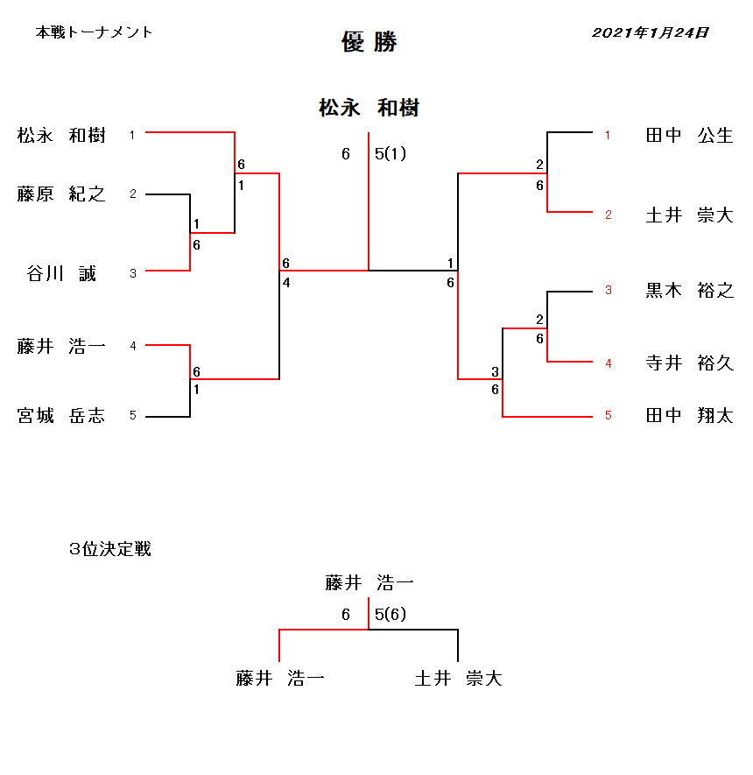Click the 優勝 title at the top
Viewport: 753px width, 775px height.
tap(369, 42)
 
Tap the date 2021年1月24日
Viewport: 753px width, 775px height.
tap(651, 32)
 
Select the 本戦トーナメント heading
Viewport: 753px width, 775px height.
tap(94, 32)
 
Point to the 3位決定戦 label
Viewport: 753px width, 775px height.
tap(109, 548)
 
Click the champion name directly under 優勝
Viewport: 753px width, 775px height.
tap(369, 108)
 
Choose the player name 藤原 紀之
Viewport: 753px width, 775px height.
tap(61, 194)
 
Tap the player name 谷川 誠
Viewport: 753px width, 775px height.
tap(61, 273)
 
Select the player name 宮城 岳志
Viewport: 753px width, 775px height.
tap(61, 416)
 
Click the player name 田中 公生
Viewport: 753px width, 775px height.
tap(690, 135)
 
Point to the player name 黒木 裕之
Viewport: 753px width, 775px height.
tap(690, 290)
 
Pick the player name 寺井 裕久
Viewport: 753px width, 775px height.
tap(690, 363)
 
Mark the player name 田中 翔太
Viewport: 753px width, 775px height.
tap(690, 415)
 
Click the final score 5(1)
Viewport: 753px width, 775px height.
tap(391, 154)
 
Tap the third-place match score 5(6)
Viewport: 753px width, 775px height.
tap(391, 615)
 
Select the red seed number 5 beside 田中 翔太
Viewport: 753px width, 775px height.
tap(609, 416)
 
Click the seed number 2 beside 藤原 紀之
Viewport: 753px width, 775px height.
tap(133, 194)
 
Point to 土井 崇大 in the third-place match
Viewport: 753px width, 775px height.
tap(459, 678)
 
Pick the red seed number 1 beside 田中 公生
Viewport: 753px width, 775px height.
tap(608, 135)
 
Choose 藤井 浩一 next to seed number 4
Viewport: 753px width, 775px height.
tap(61, 346)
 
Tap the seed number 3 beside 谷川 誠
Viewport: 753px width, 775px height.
tap(133, 273)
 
